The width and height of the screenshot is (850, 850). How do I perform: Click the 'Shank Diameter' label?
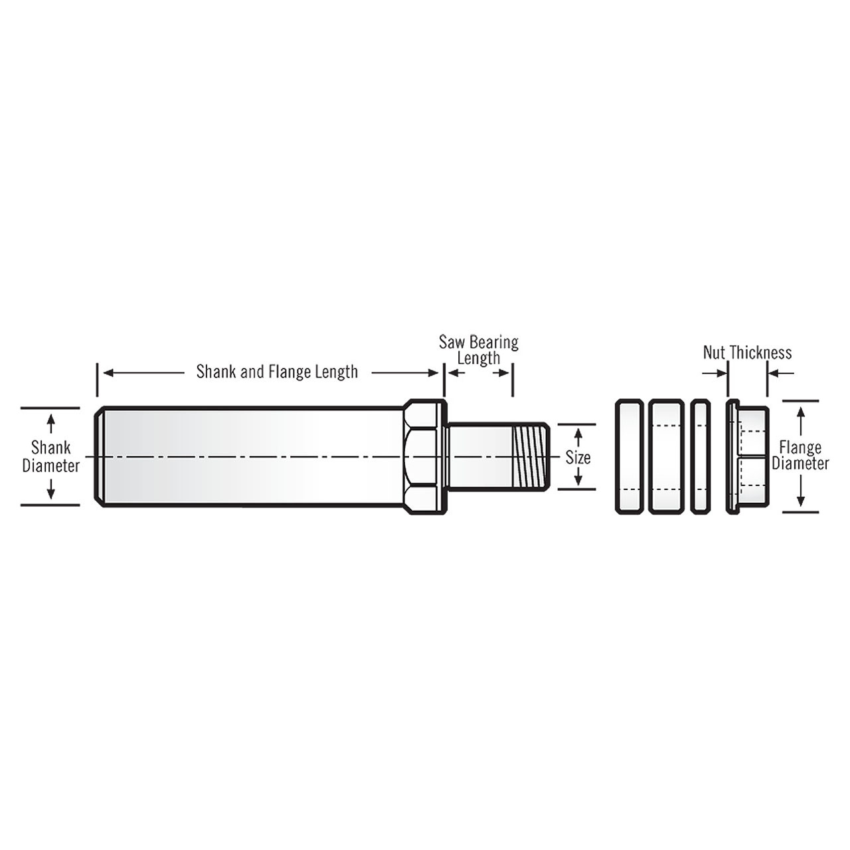pos(50,456)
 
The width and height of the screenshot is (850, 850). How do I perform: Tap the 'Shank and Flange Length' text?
pos(277,372)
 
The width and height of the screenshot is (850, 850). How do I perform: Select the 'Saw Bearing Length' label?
pos(478,350)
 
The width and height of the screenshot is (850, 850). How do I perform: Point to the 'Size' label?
pos(578,458)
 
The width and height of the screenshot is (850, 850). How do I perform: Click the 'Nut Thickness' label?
pos(747,353)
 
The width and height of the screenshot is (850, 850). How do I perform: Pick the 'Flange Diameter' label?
pos(800,456)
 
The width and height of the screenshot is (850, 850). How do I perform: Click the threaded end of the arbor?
pos(531,458)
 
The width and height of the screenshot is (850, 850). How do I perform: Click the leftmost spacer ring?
pos(629,456)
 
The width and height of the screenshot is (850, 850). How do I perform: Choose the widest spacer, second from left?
pos(666,456)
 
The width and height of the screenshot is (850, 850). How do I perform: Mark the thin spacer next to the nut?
pos(701,456)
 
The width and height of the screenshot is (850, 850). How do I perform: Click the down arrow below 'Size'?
pos(578,477)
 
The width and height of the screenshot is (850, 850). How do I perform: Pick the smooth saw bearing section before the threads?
pos(479,458)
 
